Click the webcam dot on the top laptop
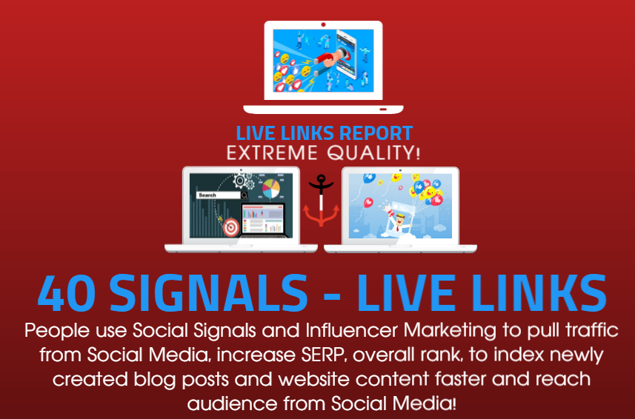(x=323, y=24)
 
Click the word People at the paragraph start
(x=53, y=330)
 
